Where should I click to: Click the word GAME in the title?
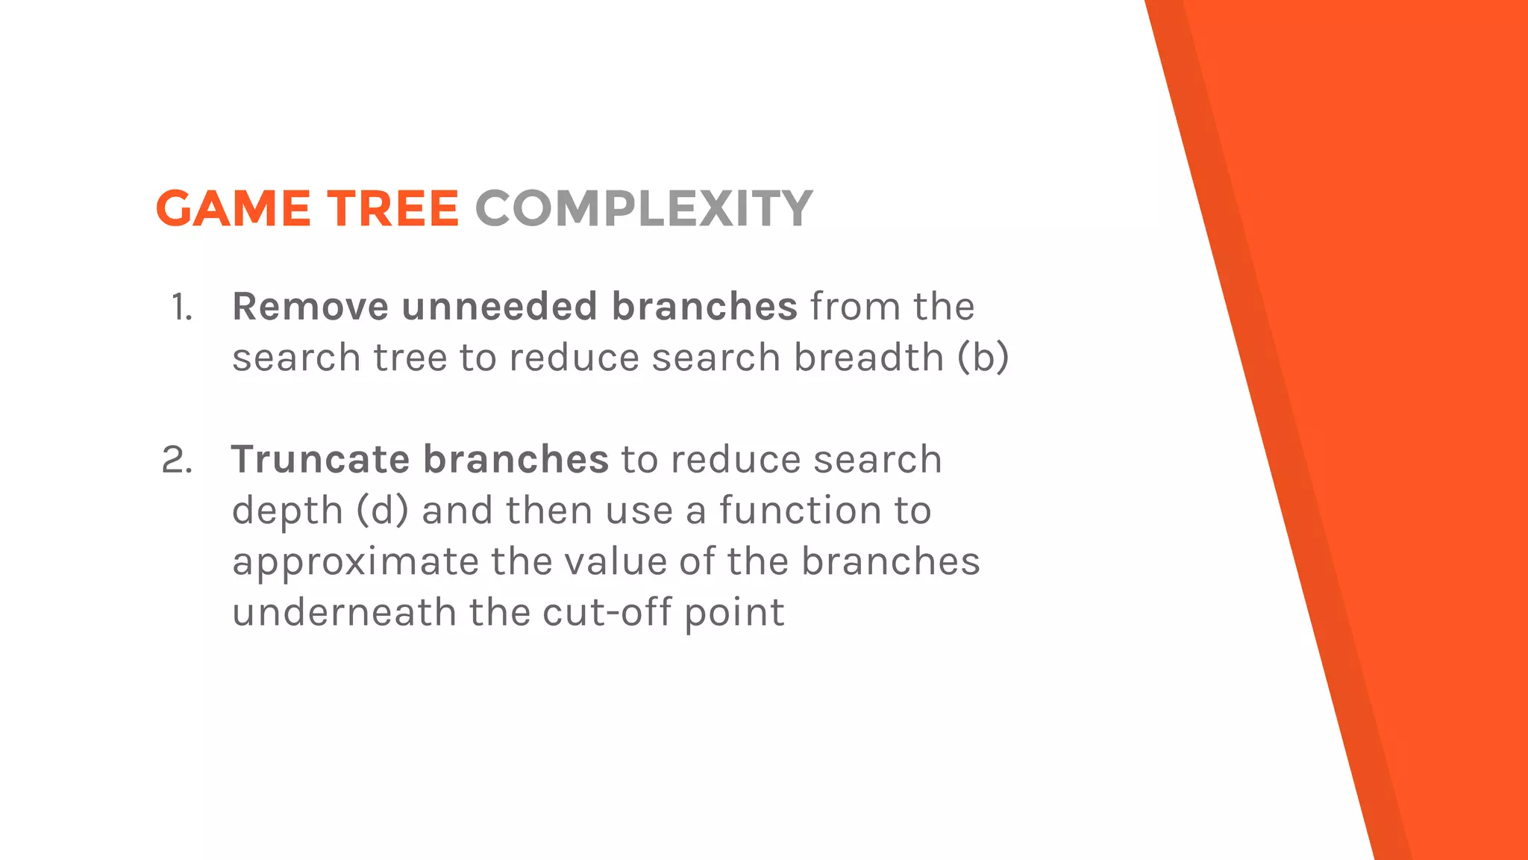tap(233, 208)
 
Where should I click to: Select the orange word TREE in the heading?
tap(392, 208)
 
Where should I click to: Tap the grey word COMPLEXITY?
tap(643, 208)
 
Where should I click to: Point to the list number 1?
tap(181, 308)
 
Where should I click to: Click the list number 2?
tap(177, 460)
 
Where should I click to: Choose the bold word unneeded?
tap(499, 307)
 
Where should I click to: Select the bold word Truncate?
tap(321, 459)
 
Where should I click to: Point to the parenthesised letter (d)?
tap(382, 511)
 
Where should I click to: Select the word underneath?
tap(344, 612)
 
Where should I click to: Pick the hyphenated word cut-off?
tap(607, 612)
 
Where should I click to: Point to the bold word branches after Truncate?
tap(516, 459)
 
